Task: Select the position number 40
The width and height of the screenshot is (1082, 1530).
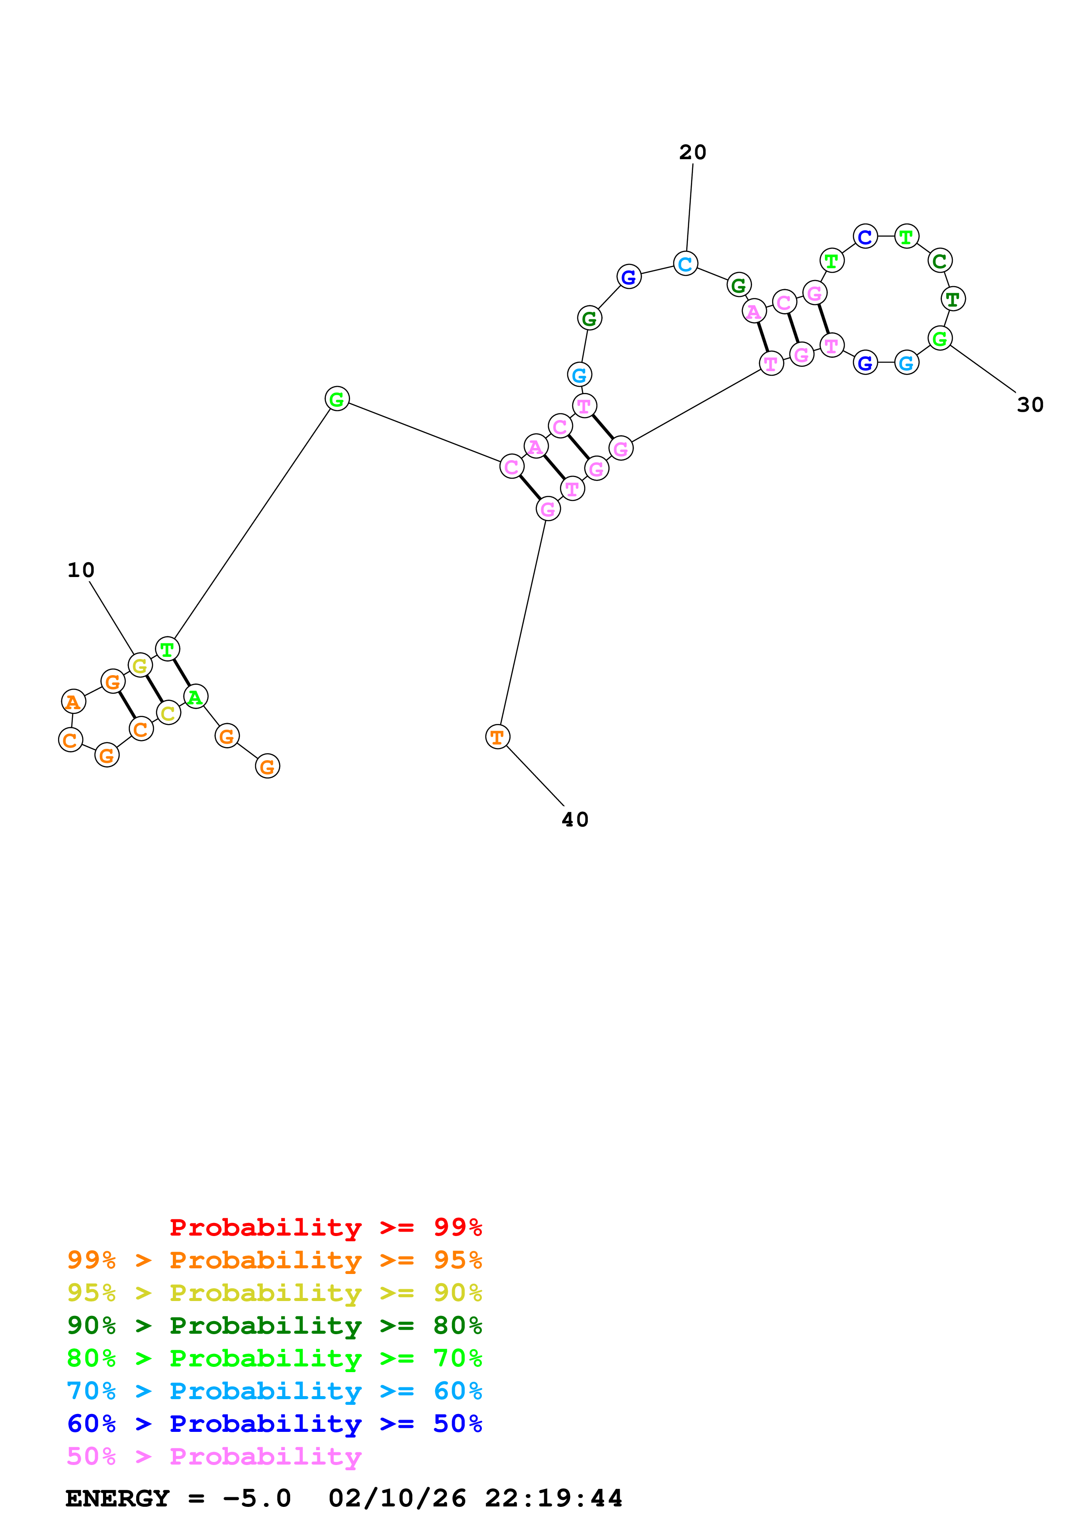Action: tap(575, 819)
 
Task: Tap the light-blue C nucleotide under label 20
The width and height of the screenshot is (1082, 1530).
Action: tap(685, 264)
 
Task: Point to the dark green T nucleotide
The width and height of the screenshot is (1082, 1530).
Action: tap(953, 299)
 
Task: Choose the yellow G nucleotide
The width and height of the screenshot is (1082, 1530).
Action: tap(139, 665)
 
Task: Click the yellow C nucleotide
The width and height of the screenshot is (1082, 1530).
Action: tap(168, 713)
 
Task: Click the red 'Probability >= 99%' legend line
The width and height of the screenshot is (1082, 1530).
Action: tap(325, 1227)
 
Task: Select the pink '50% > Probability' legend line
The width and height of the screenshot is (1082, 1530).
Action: tap(214, 1456)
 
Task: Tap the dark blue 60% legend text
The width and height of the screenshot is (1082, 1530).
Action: tap(91, 1424)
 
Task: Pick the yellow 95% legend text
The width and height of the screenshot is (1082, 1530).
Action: tap(91, 1292)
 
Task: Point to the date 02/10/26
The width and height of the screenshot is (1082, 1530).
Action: tap(397, 1498)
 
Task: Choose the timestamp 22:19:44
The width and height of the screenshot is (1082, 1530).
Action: tap(553, 1498)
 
